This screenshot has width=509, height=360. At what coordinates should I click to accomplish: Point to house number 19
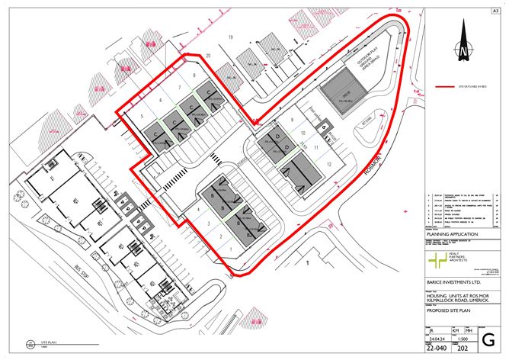(228, 36)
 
